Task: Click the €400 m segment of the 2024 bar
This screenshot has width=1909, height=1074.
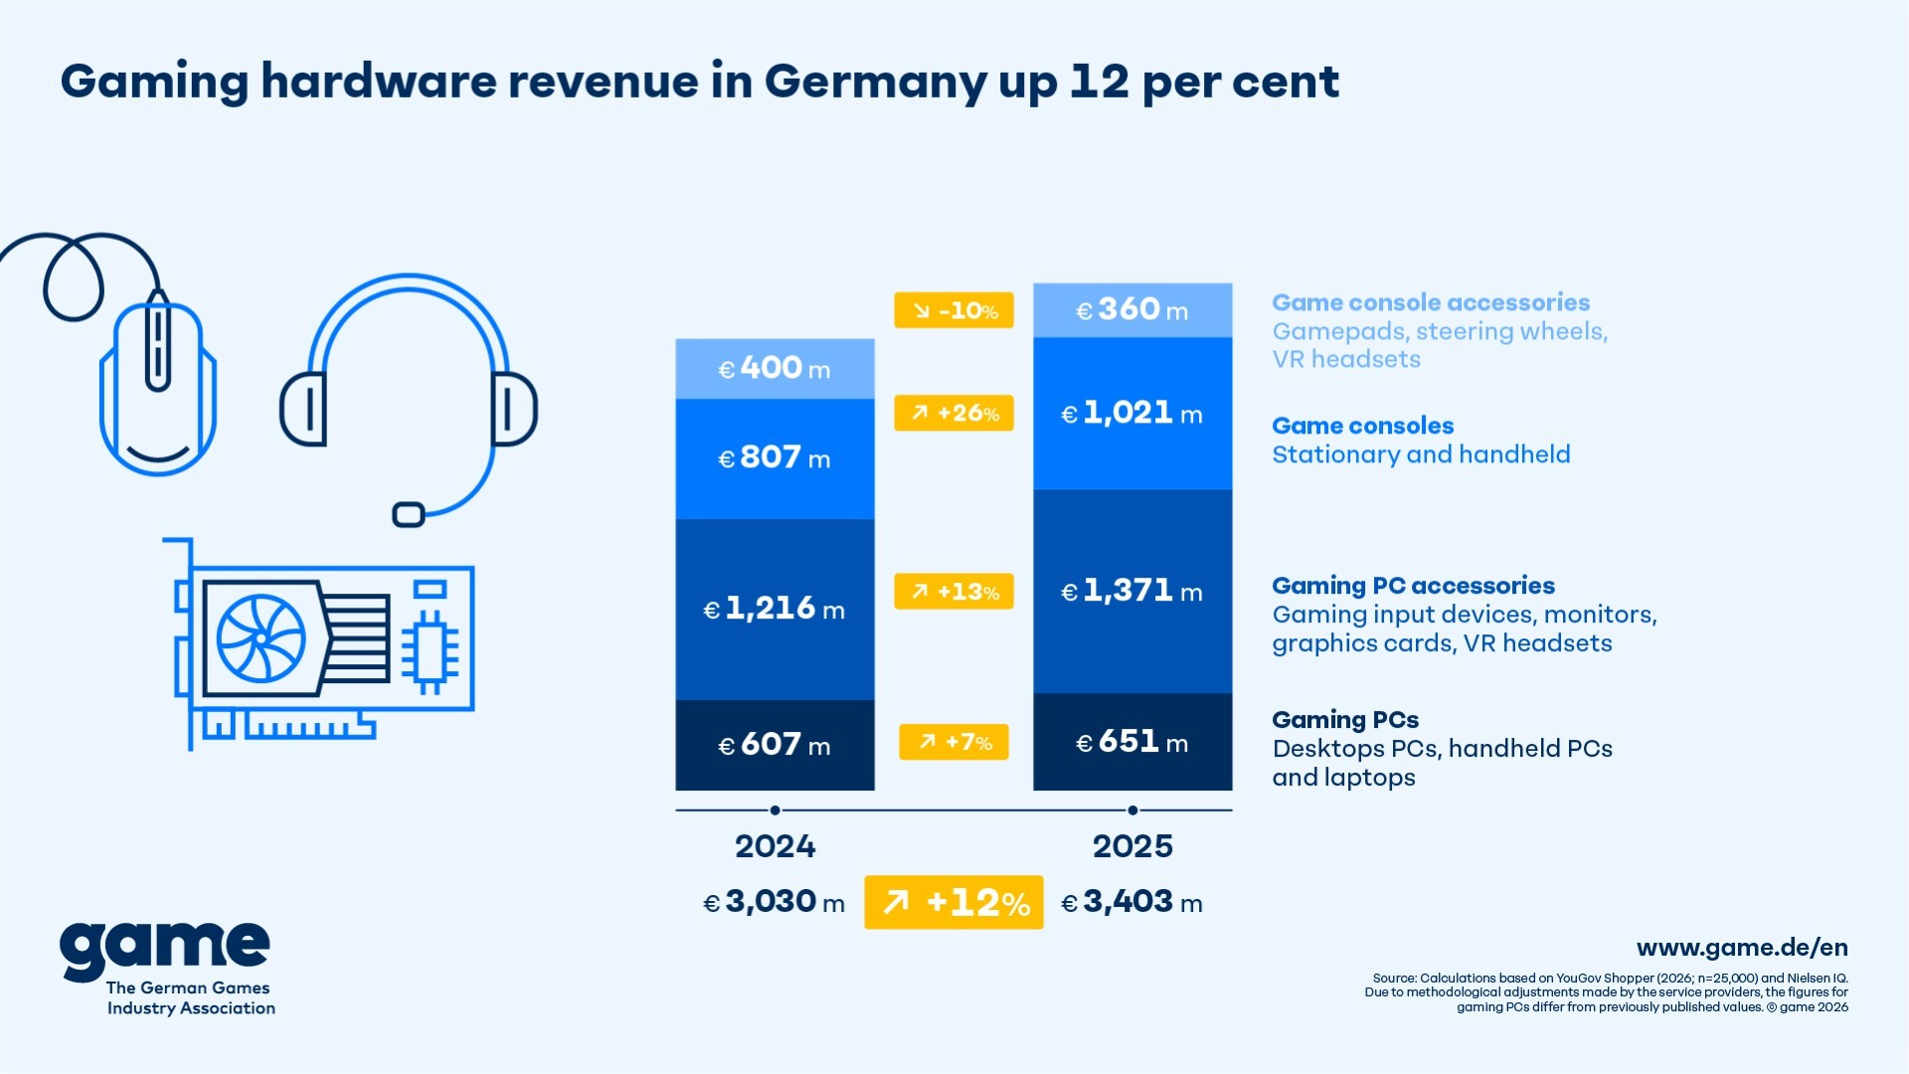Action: coord(775,369)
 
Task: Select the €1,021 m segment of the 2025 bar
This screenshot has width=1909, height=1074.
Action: coord(1132,413)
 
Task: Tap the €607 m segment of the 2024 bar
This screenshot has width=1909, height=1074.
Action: coord(775,745)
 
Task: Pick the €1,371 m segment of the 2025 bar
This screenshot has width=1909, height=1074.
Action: coord(1132,592)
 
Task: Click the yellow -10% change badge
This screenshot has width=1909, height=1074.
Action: coord(954,310)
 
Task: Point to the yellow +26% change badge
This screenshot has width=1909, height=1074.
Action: coord(954,413)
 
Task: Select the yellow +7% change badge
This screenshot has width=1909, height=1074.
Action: coord(954,742)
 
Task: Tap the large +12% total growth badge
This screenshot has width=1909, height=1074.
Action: coord(954,902)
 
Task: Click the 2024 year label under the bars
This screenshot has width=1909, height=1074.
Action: coord(775,846)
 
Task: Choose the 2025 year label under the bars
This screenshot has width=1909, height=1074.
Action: coord(1132,846)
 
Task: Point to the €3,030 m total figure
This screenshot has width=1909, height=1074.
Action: coord(774,902)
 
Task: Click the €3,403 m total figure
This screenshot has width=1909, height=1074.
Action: coord(1131,902)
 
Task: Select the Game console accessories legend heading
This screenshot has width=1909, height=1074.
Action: coord(1431,302)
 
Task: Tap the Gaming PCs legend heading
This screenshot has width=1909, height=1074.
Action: coord(1345,719)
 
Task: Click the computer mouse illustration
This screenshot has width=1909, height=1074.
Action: coord(158,388)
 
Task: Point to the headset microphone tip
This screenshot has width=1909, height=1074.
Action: coord(409,514)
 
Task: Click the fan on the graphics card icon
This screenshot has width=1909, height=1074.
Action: coord(261,637)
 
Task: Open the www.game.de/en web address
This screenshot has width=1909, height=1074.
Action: coord(1742,948)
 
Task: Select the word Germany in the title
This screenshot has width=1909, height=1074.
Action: coord(875,82)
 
